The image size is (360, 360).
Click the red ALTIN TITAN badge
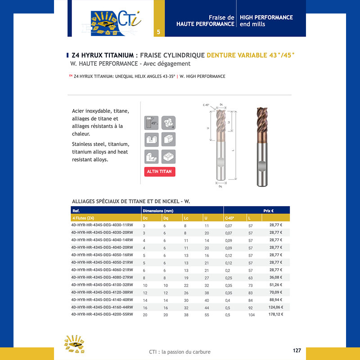click(160, 171)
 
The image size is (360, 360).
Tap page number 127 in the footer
click(297, 351)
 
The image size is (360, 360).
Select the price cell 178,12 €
click(275, 315)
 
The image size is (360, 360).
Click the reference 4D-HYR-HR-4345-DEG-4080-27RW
click(102, 277)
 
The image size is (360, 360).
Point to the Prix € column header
click(269, 211)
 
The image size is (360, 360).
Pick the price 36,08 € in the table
click(275, 277)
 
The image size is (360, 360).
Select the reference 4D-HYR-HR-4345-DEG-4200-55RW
click(102, 315)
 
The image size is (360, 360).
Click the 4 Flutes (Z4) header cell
click(83, 218)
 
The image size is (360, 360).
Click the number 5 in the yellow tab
click(158, 32)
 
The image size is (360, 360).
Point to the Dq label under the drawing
click(220, 186)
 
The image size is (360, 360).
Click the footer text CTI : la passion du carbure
click(180, 352)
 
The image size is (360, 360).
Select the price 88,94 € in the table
click(275, 300)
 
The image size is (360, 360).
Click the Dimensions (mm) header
click(158, 211)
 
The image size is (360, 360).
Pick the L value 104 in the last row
click(251, 315)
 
